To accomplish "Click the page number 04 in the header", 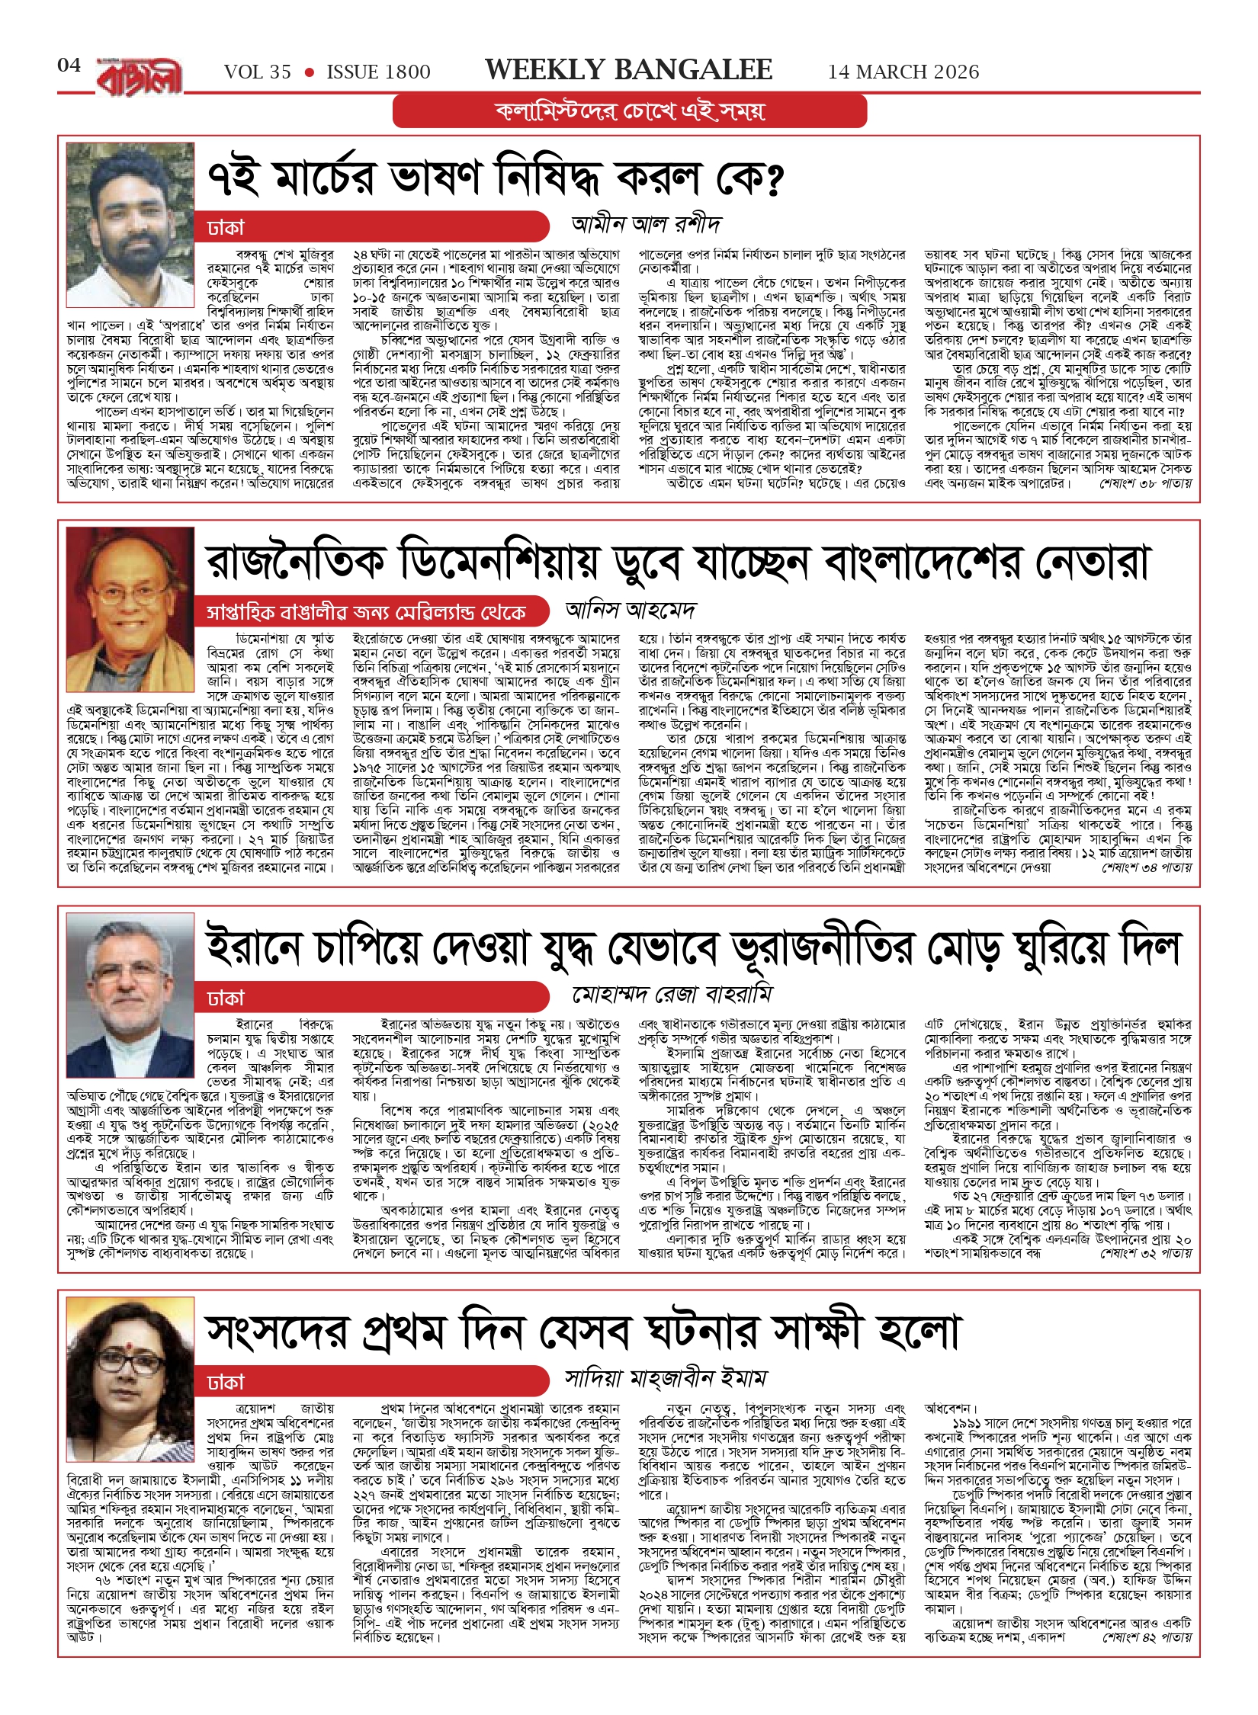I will click(69, 66).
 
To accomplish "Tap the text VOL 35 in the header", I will click(258, 72).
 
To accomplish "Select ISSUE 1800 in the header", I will click(378, 72).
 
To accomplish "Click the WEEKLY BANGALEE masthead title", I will click(629, 70).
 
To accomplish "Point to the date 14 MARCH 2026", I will click(903, 72).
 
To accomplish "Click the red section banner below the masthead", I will click(630, 111).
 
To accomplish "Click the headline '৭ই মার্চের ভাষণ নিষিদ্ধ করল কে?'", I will click(496, 178).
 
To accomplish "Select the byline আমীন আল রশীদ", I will click(646, 224).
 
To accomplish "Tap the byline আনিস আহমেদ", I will click(631, 610).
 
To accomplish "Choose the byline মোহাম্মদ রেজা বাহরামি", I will click(672, 995).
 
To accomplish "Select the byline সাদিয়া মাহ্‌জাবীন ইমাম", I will click(666, 1378).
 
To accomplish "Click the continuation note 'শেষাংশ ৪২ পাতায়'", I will click(1146, 1636).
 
